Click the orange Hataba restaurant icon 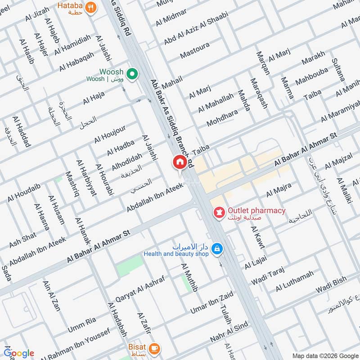click(91, 8)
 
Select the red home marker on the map click(179, 162)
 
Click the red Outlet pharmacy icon click(219, 211)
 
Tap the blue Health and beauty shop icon click(217, 248)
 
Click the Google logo click(19, 353)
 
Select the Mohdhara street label click(221, 117)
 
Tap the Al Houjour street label click(110, 134)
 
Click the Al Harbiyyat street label click(86, 178)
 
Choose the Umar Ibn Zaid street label click(211, 304)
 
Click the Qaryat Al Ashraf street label click(140, 288)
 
